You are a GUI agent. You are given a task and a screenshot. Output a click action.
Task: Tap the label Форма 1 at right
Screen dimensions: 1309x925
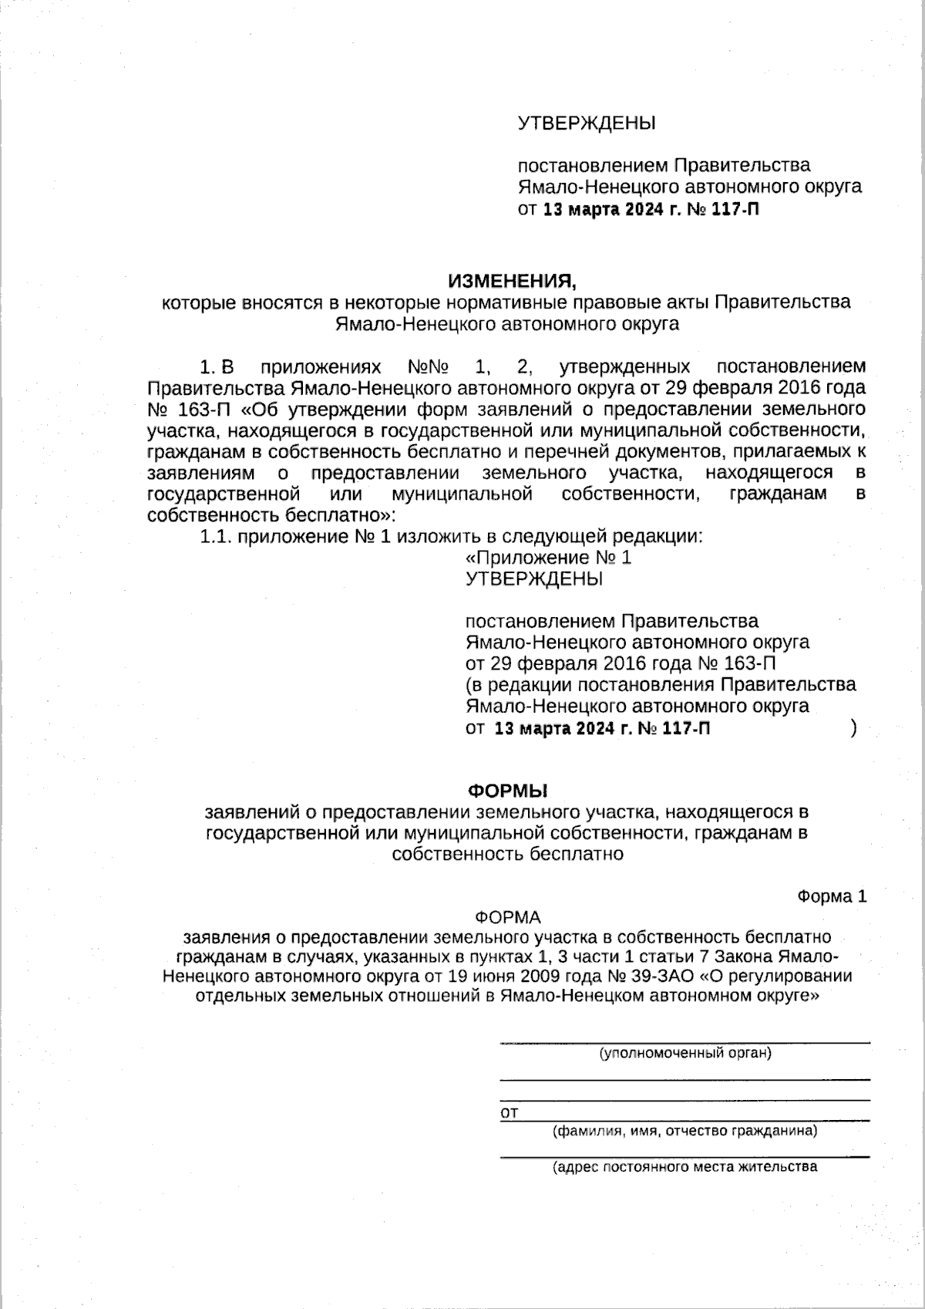pyautogui.click(x=832, y=896)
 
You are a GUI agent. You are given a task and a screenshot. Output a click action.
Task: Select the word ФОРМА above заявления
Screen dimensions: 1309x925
pyautogui.click(x=508, y=917)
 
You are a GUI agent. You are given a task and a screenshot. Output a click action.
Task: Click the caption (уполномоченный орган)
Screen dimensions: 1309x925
pyautogui.click(x=685, y=1053)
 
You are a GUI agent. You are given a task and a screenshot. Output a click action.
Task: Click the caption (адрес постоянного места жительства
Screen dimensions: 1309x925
pyautogui.click(x=684, y=1166)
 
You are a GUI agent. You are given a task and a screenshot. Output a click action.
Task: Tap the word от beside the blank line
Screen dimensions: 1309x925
pyautogui.click(x=509, y=1113)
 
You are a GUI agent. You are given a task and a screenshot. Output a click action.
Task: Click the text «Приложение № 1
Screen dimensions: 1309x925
pyautogui.click(x=550, y=558)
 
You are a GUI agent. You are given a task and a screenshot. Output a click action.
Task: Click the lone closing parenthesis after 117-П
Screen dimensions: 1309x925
pyautogui.click(x=853, y=727)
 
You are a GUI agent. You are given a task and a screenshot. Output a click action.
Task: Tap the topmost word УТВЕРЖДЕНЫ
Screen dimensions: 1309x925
pyautogui.click(x=586, y=123)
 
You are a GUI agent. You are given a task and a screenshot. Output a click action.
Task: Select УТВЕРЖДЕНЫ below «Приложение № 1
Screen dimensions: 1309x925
pyautogui.click(x=534, y=579)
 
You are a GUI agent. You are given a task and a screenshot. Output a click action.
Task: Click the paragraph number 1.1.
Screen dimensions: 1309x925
pyautogui.click(x=216, y=537)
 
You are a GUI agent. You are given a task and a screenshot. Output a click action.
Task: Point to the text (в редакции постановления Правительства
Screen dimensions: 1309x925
pyautogui.click(x=661, y=684)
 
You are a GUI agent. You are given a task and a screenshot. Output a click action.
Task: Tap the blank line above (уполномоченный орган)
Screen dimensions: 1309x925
pyautogui.click(x=684, y=1042)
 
